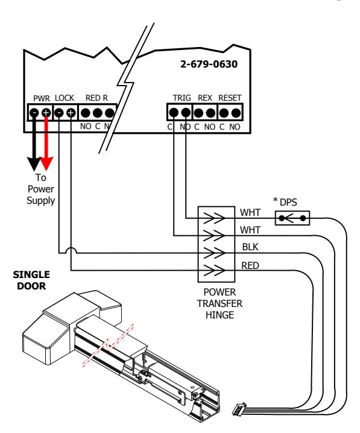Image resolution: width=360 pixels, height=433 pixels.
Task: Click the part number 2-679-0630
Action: click(209, 64)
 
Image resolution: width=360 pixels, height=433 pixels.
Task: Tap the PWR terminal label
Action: click(42, 98)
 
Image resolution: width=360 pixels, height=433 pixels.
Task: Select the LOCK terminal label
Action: click(65, 98)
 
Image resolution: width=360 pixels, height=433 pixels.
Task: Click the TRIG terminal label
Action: click(182, 98)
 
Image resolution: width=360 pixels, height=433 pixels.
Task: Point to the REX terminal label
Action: click(205, 98)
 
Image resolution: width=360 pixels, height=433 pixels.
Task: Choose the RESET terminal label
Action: click(230, 98)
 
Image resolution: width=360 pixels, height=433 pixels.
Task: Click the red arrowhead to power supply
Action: click(46, 163)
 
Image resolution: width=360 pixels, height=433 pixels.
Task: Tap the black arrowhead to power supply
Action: click(34, 164)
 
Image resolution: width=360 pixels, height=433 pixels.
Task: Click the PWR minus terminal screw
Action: click(34, 113)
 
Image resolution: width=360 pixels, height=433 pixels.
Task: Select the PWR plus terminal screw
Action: click(46, 113)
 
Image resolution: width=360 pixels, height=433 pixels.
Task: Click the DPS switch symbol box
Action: click(292, 218)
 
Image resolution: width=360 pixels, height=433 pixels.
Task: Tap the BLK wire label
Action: click(250, 247)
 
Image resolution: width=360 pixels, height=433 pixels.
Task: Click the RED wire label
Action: click(250, 265)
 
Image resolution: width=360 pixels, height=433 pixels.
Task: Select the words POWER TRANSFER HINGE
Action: click(219, 303)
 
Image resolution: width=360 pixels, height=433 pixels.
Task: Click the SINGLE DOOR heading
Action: click(31, 280)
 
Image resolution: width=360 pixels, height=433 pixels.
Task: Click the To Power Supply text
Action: click(40, 189)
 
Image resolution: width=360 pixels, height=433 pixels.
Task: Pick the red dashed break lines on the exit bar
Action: click(108, 345)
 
